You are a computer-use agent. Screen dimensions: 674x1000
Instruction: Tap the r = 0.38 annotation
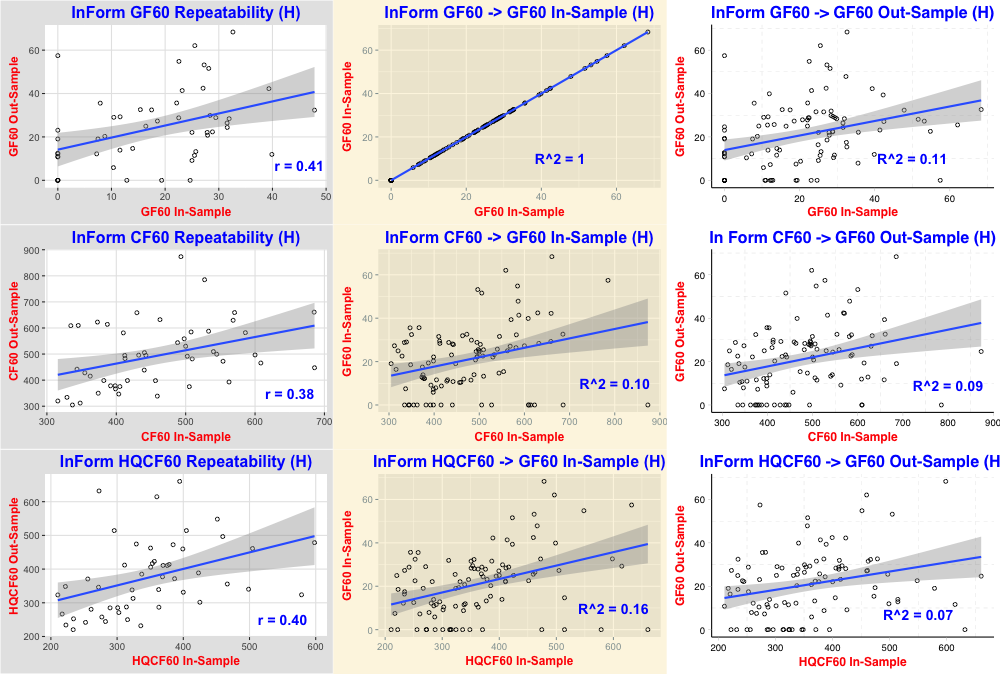point(289,394)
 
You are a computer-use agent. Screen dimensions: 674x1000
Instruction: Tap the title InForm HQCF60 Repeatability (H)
point(185,463)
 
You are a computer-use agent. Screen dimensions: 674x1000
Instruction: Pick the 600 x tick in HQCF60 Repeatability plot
point(316,646)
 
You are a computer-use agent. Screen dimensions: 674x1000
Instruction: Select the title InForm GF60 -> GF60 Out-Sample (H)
point(853,13)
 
